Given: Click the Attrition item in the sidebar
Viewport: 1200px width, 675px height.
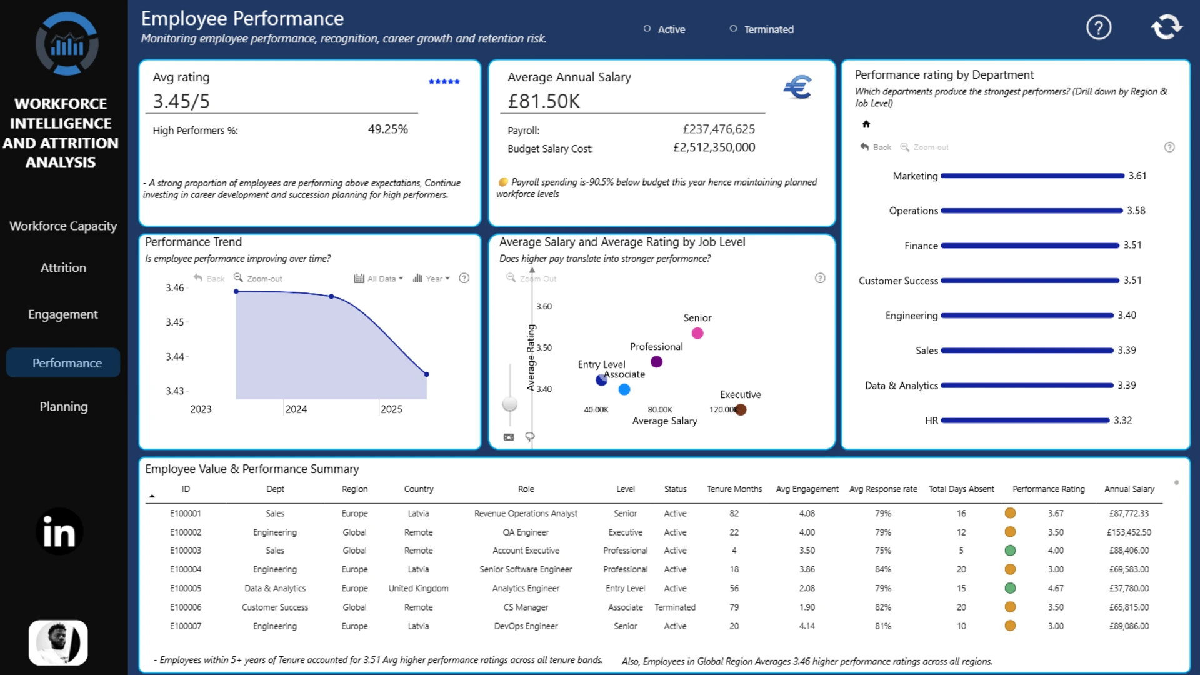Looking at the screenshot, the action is pyautogui.click(x=63, y=267).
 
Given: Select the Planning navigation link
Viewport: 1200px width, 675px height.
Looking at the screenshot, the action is pyautogui.click(x=64, y=406).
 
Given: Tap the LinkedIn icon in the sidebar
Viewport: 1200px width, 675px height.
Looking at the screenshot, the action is pyautogui.click(x=59, y=532).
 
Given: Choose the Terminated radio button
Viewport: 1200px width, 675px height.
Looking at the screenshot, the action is pyautogui.click(x=733, y=29).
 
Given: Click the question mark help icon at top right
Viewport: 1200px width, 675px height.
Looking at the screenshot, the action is pyautogui.click(x=1099, y=27).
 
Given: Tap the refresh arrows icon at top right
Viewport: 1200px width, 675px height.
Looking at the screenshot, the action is pyautogui.click(x=1166, y=27).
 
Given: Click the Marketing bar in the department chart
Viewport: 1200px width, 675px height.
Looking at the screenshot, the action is pyautogui.click(x=1032, y=176).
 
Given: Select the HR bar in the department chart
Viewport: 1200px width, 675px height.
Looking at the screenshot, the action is pyautogui.click(x=1025, y=421).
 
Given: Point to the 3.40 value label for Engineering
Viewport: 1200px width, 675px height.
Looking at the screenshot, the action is pyautogui.click(x=1127, y=315).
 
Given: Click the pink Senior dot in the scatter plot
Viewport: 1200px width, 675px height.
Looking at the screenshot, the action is pyautogui.click(x=697, y=333).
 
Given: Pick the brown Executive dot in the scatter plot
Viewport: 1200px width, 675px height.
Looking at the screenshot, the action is pyautogui.click(x=741, y=409).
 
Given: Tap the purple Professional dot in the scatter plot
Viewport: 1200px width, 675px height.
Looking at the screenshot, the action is pyautogui.click(x=656, y=362).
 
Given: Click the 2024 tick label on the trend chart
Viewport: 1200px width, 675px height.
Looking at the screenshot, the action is pyautogui.click(x=296, y=409).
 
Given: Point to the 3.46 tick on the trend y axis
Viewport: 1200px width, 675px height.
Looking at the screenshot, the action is pyautogui.click(x=175, y=287).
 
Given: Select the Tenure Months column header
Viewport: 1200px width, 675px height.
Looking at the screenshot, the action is pyautogui.click(x=734, y=489).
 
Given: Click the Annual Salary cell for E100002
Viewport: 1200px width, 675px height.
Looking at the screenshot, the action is pyautogui.click(x=1129, y=532).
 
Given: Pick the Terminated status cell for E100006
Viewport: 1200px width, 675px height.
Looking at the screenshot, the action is pyautogui.click(x=675, y=607).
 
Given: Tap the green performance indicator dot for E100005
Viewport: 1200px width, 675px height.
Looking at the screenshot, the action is pyautogui.click(x=1010, y=588).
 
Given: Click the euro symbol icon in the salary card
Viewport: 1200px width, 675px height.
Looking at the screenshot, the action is pyautogui.click(x=798, y=87).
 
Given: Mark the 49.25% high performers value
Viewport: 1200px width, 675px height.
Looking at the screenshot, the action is pyautogui.click(x=387, y=129).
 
